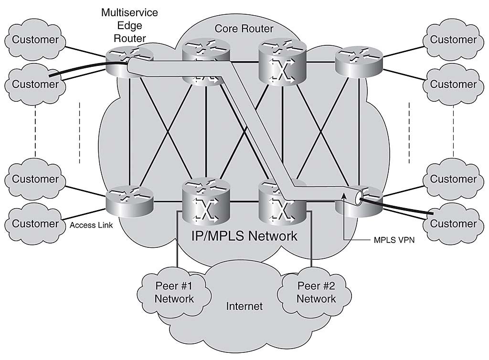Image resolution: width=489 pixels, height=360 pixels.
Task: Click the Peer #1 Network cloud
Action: [174, 292]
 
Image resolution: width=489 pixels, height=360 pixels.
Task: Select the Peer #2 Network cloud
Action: [316, 292]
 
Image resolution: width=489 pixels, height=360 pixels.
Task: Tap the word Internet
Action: [244, 306]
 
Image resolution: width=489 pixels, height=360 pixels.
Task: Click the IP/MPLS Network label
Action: [244, 236]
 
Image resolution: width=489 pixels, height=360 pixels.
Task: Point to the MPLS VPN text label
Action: [394, 240]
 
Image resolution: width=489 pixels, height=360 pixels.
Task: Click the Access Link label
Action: [91, 225]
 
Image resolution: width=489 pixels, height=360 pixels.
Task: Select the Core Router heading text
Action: [244, 29]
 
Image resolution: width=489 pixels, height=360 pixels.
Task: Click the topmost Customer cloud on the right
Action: [454, 40]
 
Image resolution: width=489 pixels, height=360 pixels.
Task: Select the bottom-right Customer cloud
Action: [454, 223]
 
